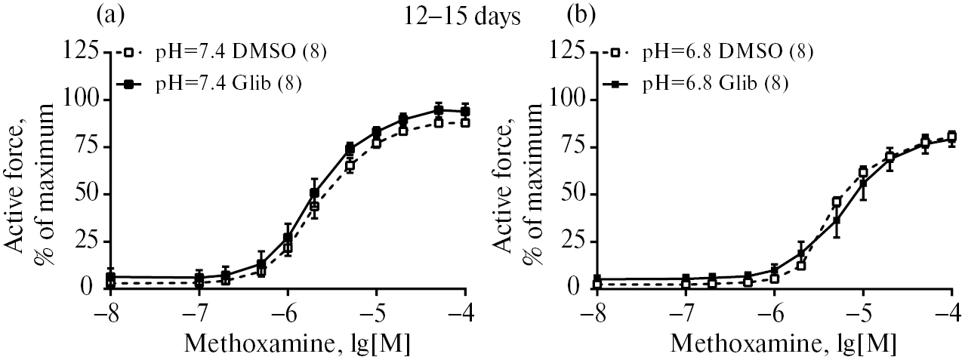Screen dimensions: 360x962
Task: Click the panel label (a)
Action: point(109,15)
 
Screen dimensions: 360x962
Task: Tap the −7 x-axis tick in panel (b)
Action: point(685,312)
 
